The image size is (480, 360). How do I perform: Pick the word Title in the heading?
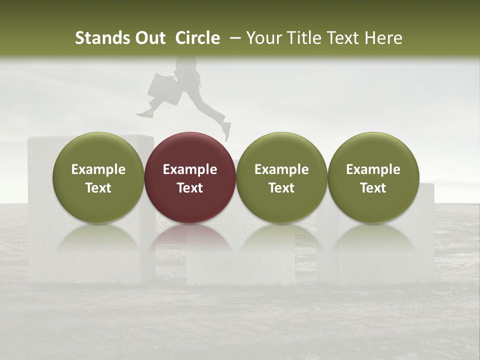303,38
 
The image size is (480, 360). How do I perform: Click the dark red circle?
190,150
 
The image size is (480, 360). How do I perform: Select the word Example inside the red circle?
190,169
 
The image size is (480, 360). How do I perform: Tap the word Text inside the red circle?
190,188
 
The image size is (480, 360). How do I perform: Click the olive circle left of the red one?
98,150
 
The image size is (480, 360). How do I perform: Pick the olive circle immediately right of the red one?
281,150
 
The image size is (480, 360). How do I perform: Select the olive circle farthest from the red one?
373,150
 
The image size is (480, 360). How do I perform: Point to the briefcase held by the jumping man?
164,89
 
